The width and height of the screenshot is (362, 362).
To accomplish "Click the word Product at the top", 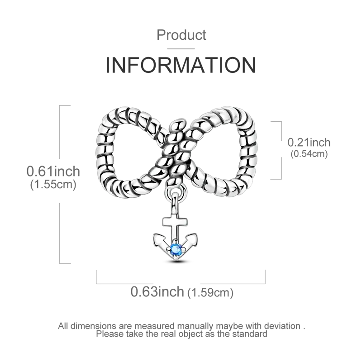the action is click(x=181, y=35).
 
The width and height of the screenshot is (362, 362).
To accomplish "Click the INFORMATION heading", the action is click(x=181, y=65).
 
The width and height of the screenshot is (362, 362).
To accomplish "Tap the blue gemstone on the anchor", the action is click(x=176, y=249).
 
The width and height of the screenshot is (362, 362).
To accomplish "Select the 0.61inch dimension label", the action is click(x=53, y=171).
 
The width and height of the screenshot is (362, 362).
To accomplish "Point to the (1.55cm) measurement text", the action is click(x=53, y=185).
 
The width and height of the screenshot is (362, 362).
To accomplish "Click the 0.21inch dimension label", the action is click(x=309, y=143).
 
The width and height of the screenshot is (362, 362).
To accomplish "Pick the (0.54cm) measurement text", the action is click(x=309, y=154).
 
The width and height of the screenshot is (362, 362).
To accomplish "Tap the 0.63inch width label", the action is click(x=157, y=291).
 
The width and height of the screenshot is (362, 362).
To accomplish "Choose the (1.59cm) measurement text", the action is click(x=210, y=293).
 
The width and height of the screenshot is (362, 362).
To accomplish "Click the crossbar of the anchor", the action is click(x=175, y=221).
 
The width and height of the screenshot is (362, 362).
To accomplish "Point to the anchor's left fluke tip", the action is click(x=155, y=235).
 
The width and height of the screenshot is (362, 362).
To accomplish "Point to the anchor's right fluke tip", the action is click(x=196, y=235).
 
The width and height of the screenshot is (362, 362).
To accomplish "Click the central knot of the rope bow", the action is click(x=176, y=152).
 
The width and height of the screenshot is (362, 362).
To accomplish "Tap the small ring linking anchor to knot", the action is click(x=176, y=191).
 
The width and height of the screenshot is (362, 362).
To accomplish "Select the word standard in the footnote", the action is click(x=250, y=334).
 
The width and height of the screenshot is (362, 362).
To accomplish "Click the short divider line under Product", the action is click(x=181, y=49).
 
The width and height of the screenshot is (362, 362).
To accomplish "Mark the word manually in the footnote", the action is click(x=195, y=326).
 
